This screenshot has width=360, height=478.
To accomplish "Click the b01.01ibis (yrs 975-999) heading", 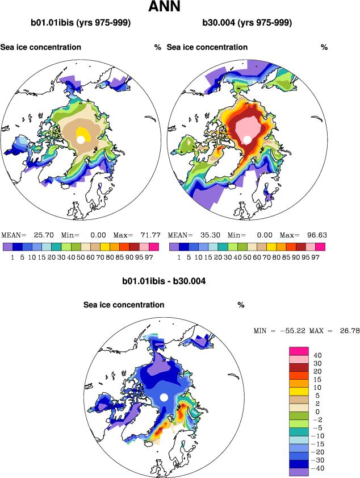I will (81, 23).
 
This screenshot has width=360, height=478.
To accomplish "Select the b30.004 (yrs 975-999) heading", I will (247, 23).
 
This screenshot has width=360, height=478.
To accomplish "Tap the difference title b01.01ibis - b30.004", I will (164, 281).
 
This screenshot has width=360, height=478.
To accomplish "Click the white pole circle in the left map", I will (81, 139).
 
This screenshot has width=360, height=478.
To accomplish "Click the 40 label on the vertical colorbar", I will (317, 355).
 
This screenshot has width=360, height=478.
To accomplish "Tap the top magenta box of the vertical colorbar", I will (299, 351).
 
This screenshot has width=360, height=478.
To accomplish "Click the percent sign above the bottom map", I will (241, 305).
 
